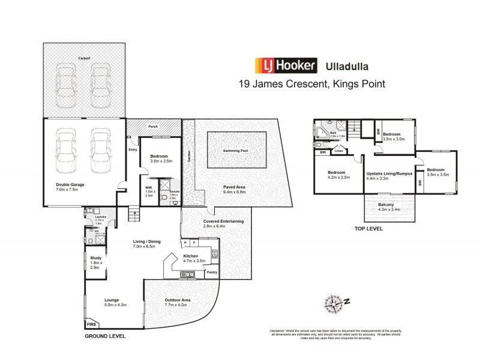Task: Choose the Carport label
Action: (x=84, y=58)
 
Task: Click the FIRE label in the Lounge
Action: (x=92, y=324)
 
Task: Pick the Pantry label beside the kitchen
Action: (x=211, y=272)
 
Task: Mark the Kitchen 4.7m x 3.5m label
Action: (x=194, y=258)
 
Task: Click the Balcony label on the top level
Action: (x=386, y=208)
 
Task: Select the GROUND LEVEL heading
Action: (x=105, y=337)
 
